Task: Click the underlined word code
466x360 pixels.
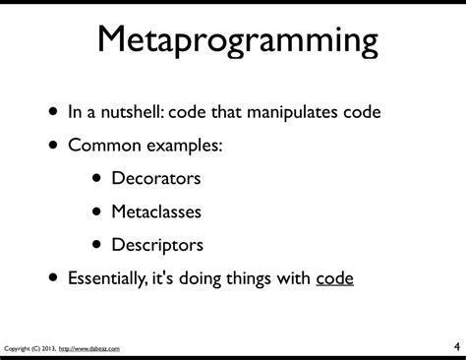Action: pyautogui.click(x=334, y=278)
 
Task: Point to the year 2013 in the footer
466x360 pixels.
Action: pyautogui.click(x=54, y=348)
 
